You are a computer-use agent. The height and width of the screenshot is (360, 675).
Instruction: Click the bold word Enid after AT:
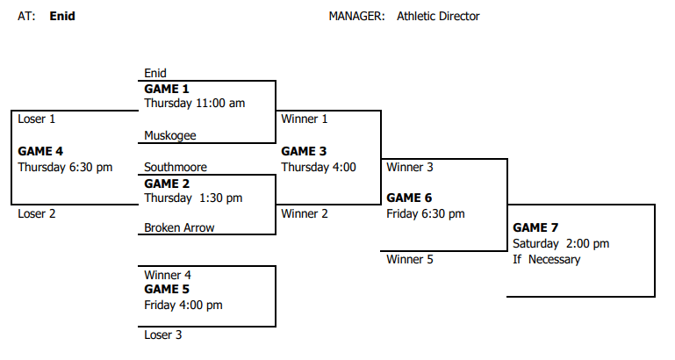(x=62, y=17)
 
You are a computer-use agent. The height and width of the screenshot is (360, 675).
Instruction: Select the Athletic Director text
(x=438, y=17)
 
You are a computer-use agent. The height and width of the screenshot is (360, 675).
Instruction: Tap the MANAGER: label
(x=357, y=17)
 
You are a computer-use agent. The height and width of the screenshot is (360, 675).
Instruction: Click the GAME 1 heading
(x=167, y=90)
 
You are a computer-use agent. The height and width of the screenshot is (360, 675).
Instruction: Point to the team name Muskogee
(x=170, y=135)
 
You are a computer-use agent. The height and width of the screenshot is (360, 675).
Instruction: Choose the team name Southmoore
(x=176, y=167)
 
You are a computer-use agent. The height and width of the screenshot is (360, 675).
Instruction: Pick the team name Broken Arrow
(x=179, y=227)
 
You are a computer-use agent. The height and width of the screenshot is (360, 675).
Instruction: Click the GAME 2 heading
(x=167, y=184)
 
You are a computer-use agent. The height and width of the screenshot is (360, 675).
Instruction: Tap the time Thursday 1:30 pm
(x=193, y=198)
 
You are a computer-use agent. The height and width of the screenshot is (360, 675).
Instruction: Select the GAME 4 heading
(x=40, y=152)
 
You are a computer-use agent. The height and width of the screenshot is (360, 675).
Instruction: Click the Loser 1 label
(x=37, y=119)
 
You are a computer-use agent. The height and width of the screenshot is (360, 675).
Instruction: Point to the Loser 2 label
(x=37, y=214)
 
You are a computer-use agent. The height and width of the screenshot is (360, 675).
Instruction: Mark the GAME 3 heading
(x=304, y=152)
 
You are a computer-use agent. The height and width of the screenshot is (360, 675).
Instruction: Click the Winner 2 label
(x=305, y=214)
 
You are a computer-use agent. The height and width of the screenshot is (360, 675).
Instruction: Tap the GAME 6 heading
(x=409, y=198)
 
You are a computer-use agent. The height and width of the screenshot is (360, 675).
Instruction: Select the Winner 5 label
(x=410, y=260)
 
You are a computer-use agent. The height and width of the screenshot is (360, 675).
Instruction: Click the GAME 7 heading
(x=535, y=227)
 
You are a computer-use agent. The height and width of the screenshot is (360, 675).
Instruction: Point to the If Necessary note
(x=547, y=260)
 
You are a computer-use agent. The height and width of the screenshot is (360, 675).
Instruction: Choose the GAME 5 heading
(x=167, y=290)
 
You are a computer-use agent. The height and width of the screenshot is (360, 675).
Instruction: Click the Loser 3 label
(x=163, y=335)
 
